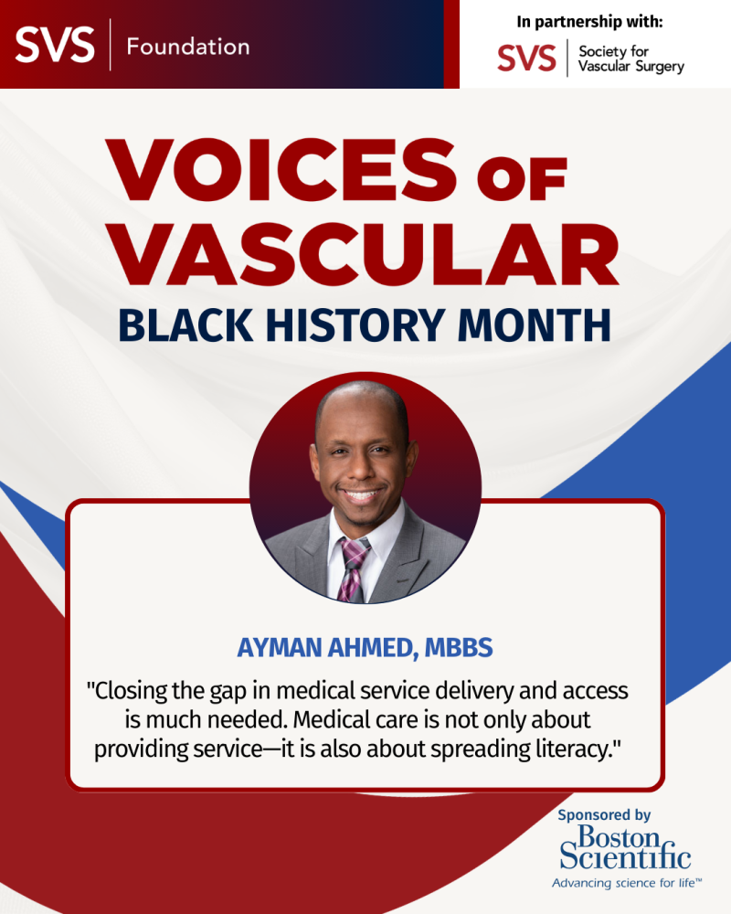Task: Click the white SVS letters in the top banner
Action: point(53,44)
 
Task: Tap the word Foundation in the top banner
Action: point(187,46)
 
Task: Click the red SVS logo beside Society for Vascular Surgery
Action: point(526,58)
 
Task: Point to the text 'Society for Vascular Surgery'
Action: point(630,58)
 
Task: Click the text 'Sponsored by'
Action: point(604,814)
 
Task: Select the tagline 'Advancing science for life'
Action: point(625,884)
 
